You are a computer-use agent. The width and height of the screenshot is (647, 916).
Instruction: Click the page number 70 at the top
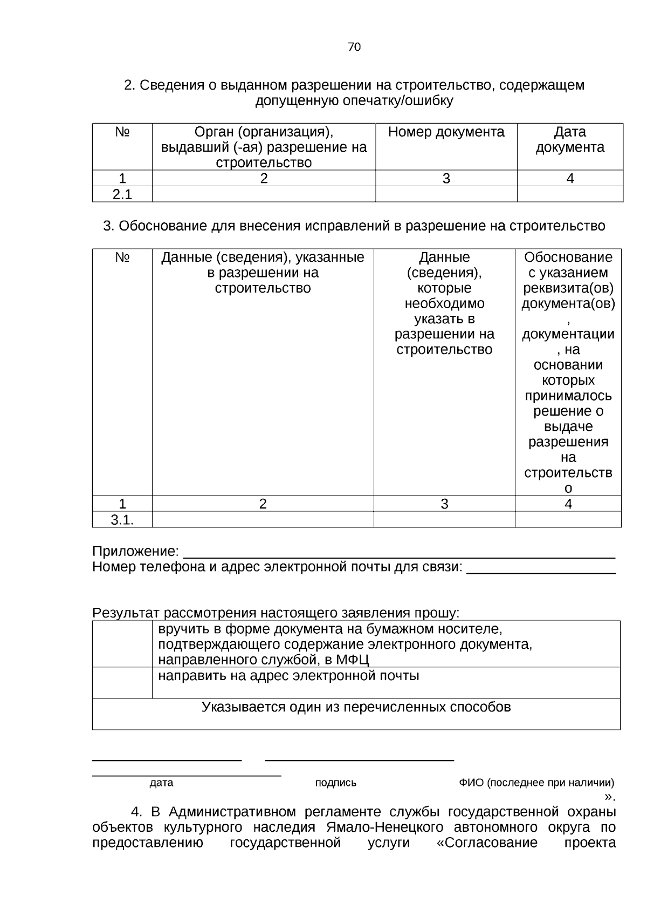pos(354,47)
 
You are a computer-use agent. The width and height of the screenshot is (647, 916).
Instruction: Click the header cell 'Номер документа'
pos(446,132)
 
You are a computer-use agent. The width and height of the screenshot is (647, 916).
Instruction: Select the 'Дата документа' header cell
pos(570,140)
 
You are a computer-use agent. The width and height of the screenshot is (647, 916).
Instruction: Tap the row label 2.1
pos(122,194)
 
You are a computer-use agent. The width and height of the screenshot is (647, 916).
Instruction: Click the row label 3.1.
pos(122,520)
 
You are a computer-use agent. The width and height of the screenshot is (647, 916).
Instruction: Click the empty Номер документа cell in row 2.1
pos(446,194)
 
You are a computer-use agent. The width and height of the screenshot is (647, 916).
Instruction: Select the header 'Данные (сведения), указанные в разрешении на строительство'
pos(263,273)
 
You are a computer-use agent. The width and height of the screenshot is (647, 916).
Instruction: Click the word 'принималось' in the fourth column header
pos(568,396)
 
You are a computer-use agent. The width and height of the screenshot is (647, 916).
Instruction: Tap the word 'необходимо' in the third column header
pos(444,303)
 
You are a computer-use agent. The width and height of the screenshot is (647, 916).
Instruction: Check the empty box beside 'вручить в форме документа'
pos(122,644)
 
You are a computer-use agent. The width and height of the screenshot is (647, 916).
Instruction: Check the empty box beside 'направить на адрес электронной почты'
pos(122,683)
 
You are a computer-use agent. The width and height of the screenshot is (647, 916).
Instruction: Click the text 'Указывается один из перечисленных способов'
pos(356,707)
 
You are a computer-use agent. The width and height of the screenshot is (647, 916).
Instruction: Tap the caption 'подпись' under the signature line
pos(335,783)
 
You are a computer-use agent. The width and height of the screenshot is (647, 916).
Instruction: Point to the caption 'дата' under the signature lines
pos(161,783)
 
